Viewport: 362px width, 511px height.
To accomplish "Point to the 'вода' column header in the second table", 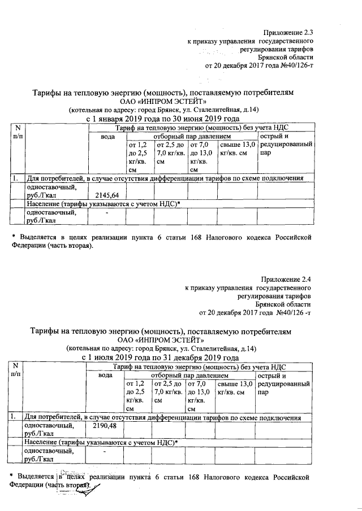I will [x=106, y=375].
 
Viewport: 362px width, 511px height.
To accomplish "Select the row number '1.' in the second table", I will [x=13, y=417].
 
